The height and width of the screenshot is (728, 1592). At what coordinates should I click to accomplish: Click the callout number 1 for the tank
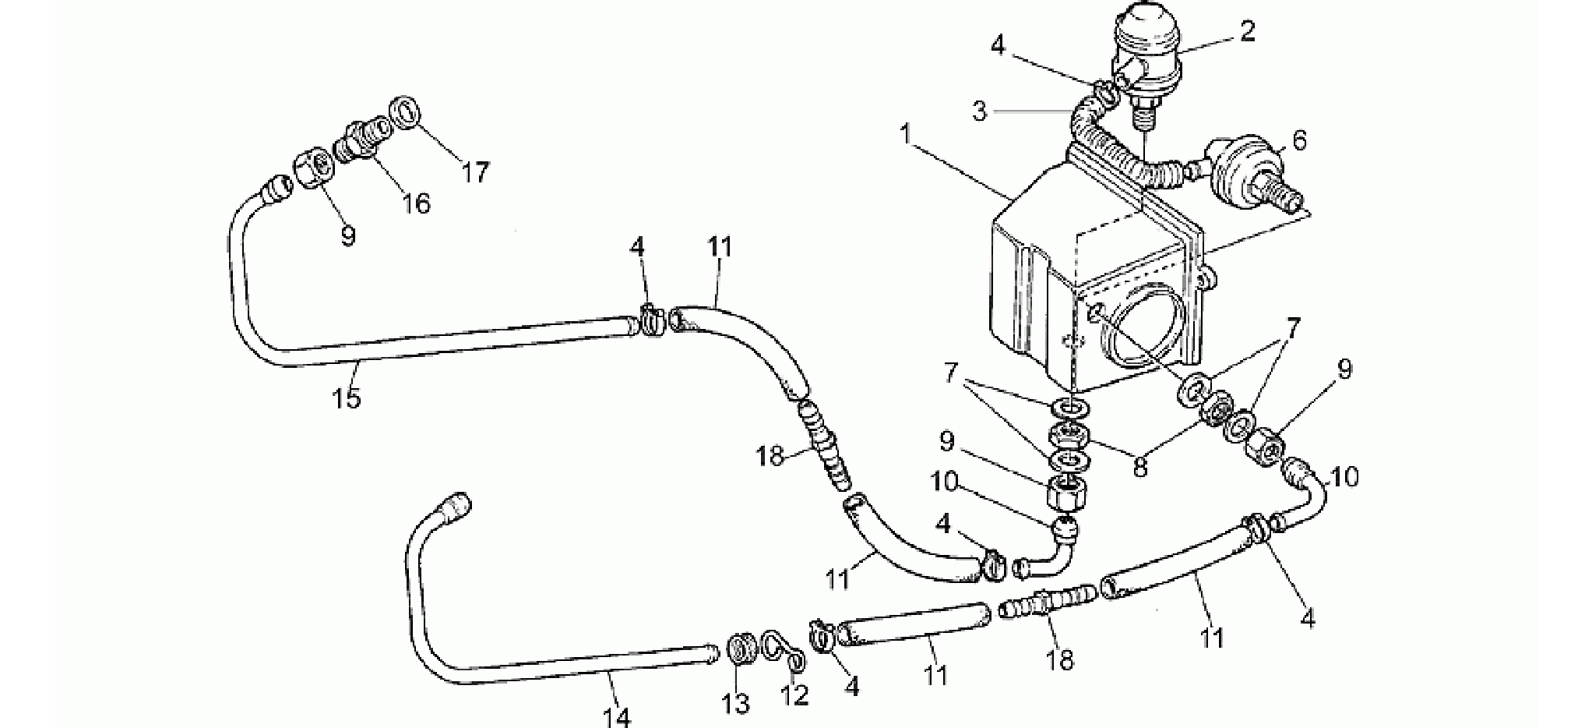coord(905,133)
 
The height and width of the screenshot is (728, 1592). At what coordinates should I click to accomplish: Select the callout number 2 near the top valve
coord(1247,31)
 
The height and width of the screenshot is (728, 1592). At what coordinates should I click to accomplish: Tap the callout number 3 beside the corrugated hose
coord(980,111)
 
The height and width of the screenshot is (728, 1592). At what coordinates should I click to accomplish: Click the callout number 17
coord(475,171)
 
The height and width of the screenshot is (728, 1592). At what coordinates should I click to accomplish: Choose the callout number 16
coord(416,203)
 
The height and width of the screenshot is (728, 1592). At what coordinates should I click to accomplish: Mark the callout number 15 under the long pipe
coord(347,398)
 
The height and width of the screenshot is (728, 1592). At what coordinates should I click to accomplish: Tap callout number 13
coord(735,703)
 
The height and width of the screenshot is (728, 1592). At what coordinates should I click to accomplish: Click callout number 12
coord(795,694)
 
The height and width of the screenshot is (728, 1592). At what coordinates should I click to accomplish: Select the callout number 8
coord(1140,466)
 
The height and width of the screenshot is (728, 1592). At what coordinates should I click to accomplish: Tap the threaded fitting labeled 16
coord(365,136)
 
